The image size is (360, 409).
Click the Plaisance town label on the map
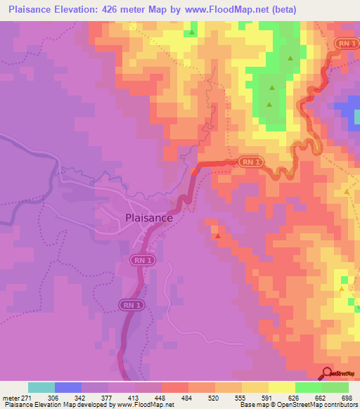click(148, 218)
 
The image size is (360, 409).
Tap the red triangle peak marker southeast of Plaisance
click(217, 236)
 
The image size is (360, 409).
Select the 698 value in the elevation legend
click(345, 398)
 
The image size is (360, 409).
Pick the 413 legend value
click(136, 398)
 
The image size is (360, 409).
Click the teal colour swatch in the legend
click(41, 387)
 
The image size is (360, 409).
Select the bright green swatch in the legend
click(308, 387)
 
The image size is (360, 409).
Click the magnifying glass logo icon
click(327, 373)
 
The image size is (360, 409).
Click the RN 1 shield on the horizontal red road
click(250, 161)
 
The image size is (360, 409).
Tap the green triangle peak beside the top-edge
click(191, 32)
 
